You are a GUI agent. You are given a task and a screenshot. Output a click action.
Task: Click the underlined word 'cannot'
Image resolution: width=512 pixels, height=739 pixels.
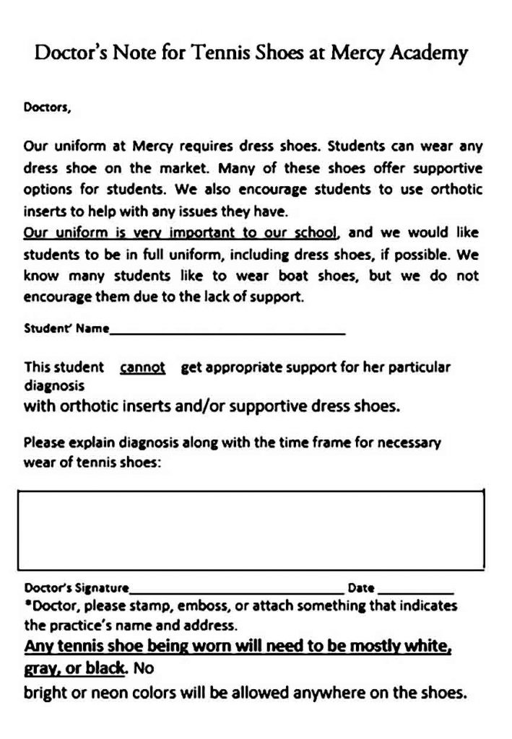pyautogui.click(x=143, y=367)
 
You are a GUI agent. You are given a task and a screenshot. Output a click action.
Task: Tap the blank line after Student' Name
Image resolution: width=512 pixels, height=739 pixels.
pyautogui.click(x=227, y=332)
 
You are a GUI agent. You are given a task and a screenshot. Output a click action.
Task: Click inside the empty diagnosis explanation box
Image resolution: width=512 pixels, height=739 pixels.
pyautogui.click(x=250, y=530)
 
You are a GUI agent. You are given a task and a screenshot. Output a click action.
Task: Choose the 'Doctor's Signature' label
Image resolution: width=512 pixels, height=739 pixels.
pyautogui.click(x=77, y=587)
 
